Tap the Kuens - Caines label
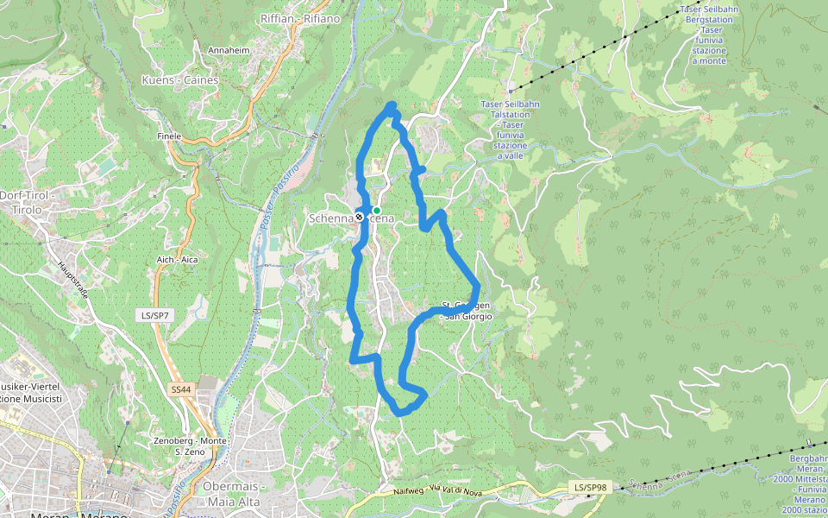pos(179,80)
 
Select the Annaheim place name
pos(229,51)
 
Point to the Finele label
pos(169,136)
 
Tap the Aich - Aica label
pos(178,260)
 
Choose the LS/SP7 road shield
pos(154,316)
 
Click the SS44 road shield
pos(180,390)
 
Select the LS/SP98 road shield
pos(591,488)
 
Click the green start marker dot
pos(377,210)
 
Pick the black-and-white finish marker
pos(359,218)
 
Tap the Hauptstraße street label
pos(73,279)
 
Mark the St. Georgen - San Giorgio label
pos(466,312)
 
